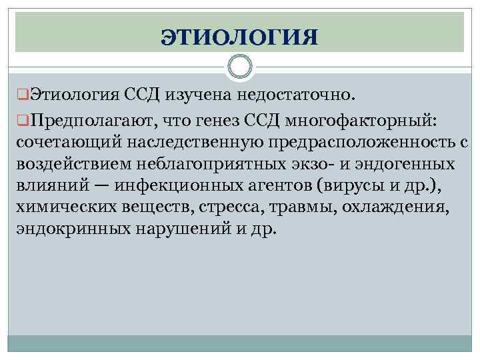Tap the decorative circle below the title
tap(239, 66)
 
